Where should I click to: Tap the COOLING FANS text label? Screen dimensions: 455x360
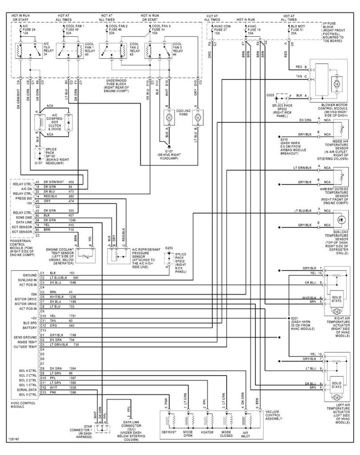183,113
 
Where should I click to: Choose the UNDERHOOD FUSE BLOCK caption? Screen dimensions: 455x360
118,85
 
